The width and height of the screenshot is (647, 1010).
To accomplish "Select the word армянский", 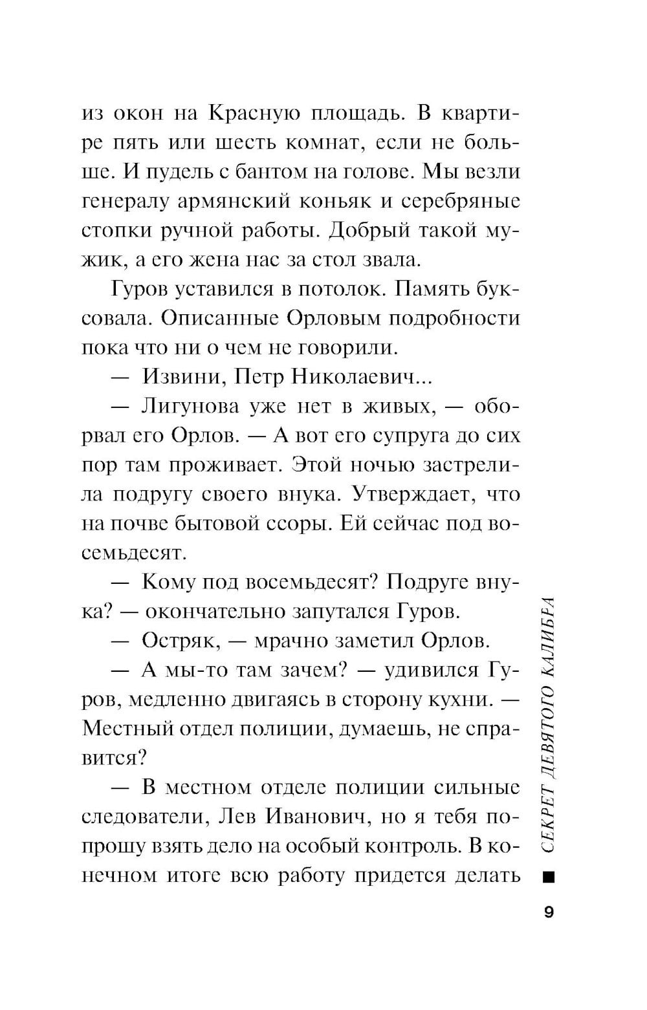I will pyautogui.click(x=236, y=201).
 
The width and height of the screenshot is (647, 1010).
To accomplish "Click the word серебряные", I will pyautogui.click(x=461, y=201).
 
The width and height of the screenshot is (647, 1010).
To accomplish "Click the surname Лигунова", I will pyautogui.click(x=188, y=407).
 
